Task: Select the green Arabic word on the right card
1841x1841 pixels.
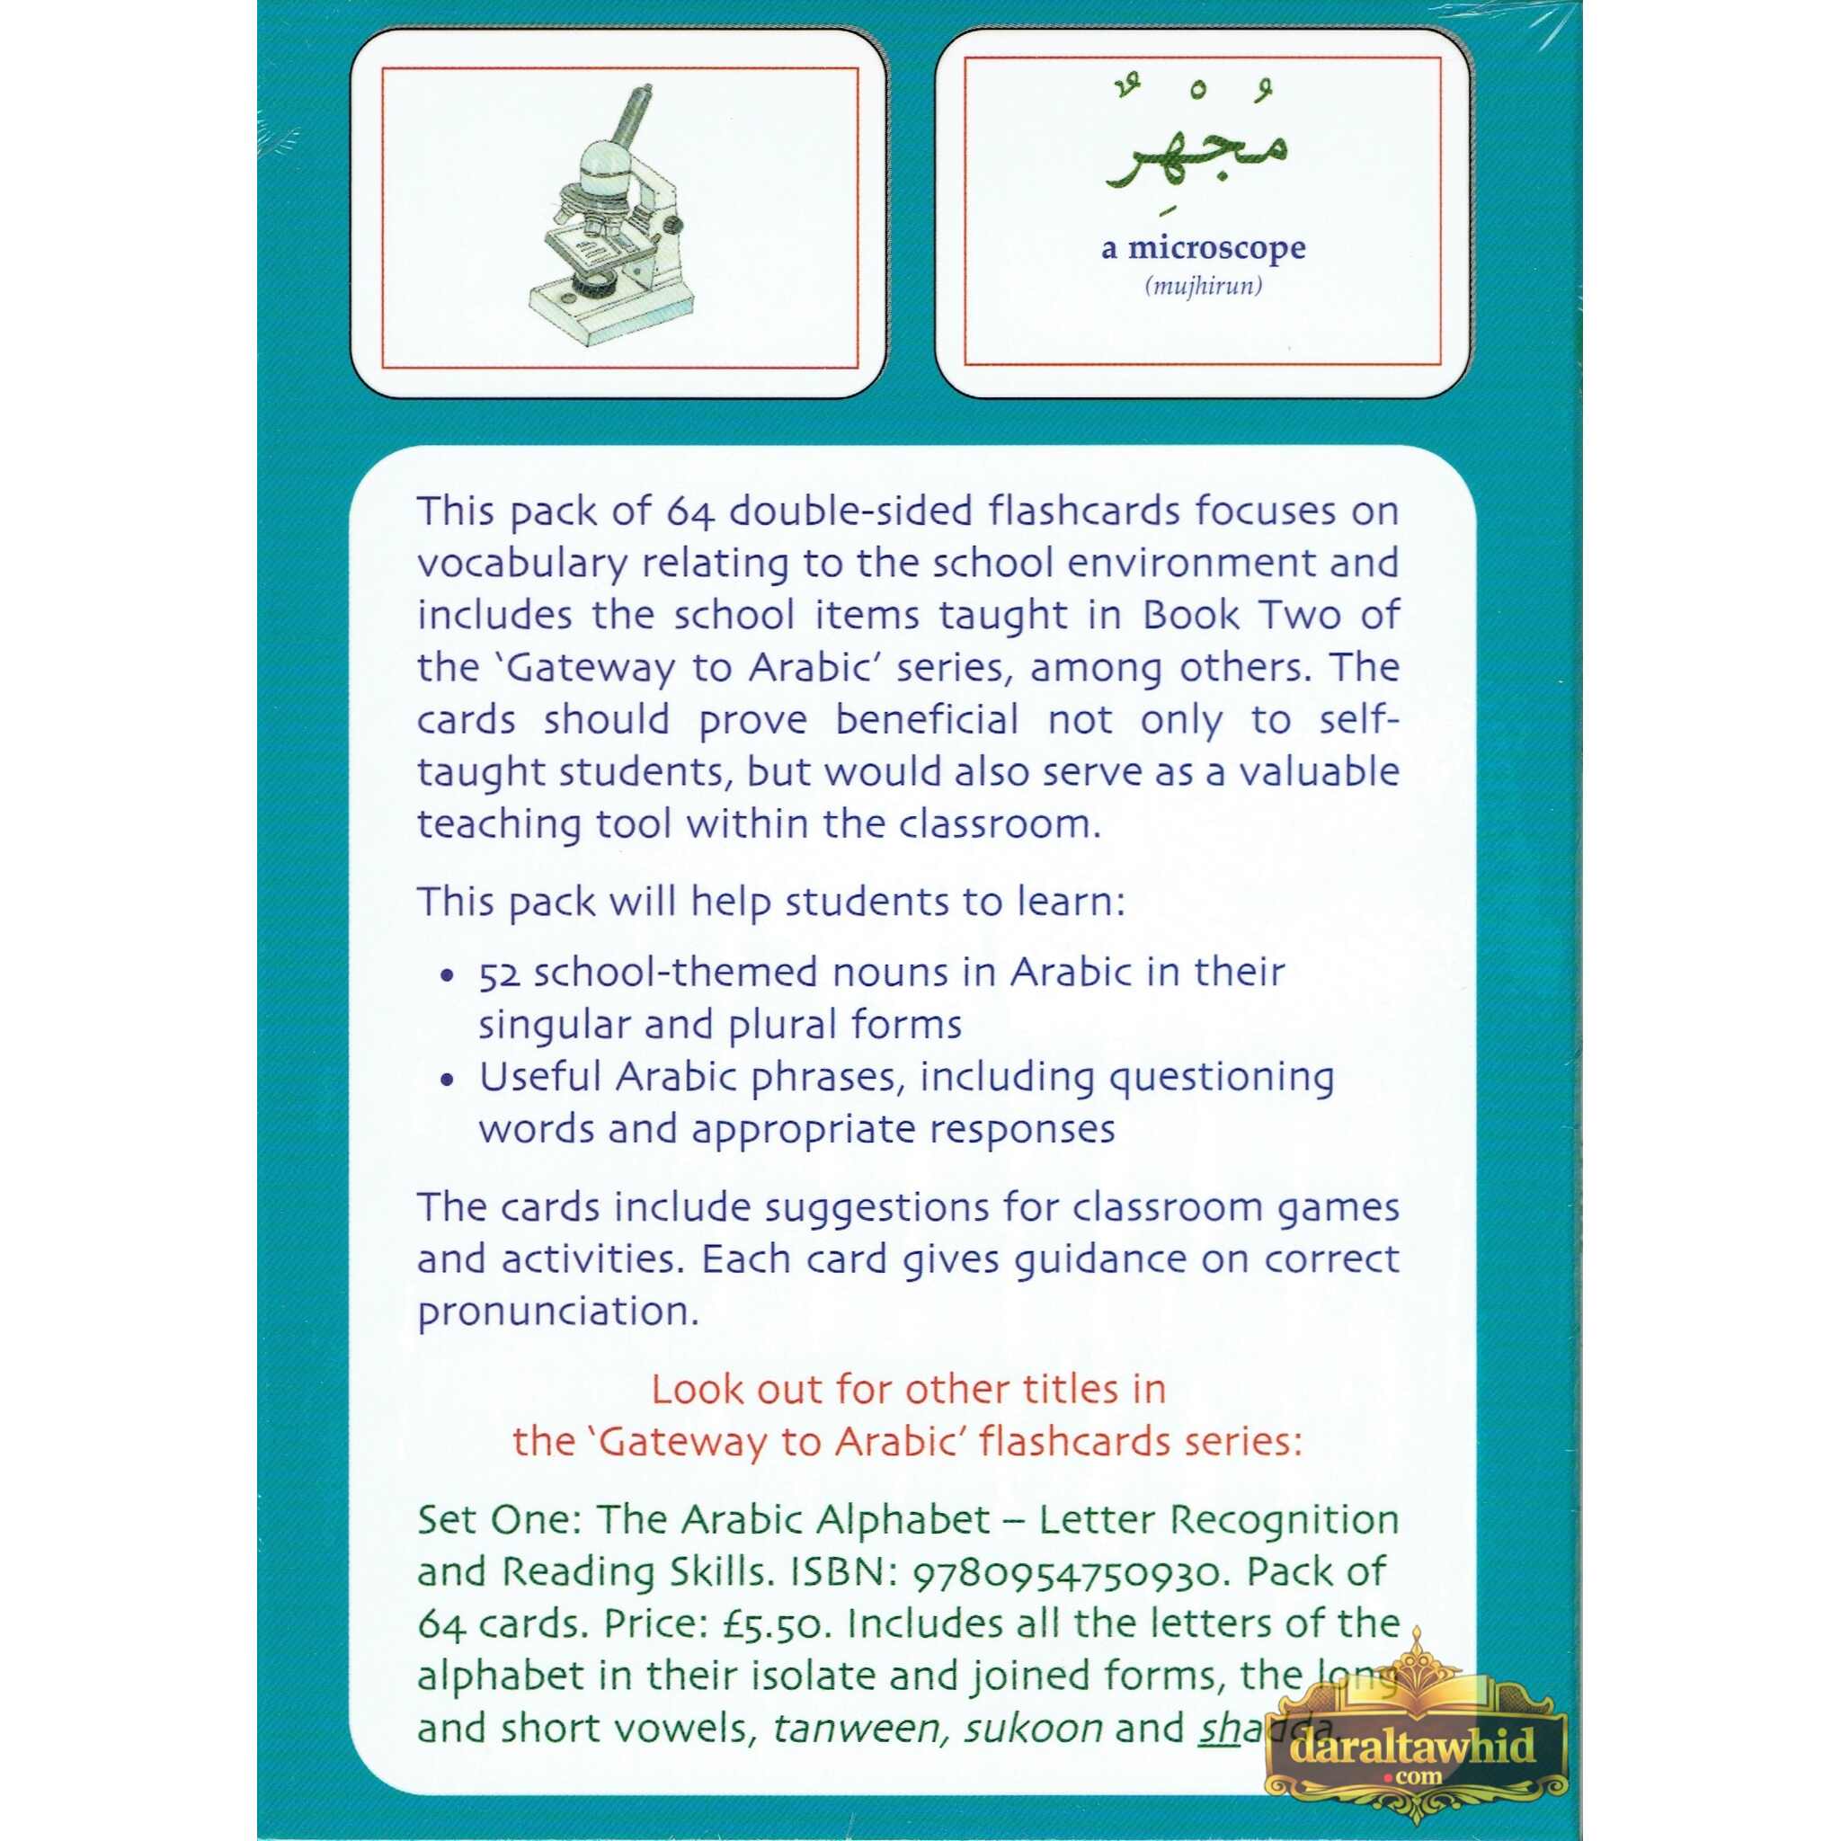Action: [x=1200, y=157]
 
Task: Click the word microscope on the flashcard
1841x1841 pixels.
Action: [x=1217, y=249]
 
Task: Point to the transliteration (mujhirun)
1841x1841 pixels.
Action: [x=1204, y=286]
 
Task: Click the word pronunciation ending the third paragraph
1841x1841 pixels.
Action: [x=558, y=1312]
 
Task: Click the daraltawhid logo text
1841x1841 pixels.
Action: [x=1415, y=1746]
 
